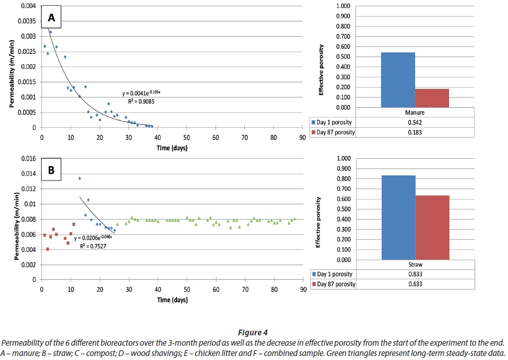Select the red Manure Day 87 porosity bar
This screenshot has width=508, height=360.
click(x=432, y=98)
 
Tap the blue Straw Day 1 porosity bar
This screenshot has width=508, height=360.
click(x=398, y=217)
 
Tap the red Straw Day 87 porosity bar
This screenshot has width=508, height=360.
click(x=432, y=228)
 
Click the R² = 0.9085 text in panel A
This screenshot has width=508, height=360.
click(x=138, y=101)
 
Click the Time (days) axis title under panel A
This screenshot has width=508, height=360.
click(x=171, y=148)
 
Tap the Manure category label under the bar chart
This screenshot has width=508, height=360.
click(x=415, y=113)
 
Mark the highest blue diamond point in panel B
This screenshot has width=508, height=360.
click(x=80, y=178)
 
